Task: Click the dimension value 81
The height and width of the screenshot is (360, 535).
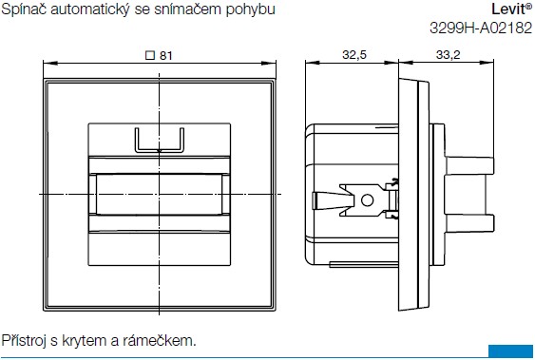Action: pyautogui.click(x=166, y=56)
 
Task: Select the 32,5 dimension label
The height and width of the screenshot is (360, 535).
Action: pyautogui.click(x=354, y=54)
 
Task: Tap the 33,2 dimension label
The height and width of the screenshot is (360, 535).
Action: pyautogui.click(x=448, y=54)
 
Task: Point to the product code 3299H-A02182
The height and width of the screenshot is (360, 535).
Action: pyautogui.click(x=481, y=28)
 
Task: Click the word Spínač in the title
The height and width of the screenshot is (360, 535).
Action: pyautogui.click(x=23, y=9)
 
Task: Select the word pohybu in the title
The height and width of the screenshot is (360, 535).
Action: pyautogui.click(x=251, y=9)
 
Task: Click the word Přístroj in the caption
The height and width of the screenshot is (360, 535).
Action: pyautogui.click(x=24, y=340)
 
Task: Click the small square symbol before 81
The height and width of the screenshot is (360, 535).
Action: pyautogui.click(x=150, y=56)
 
